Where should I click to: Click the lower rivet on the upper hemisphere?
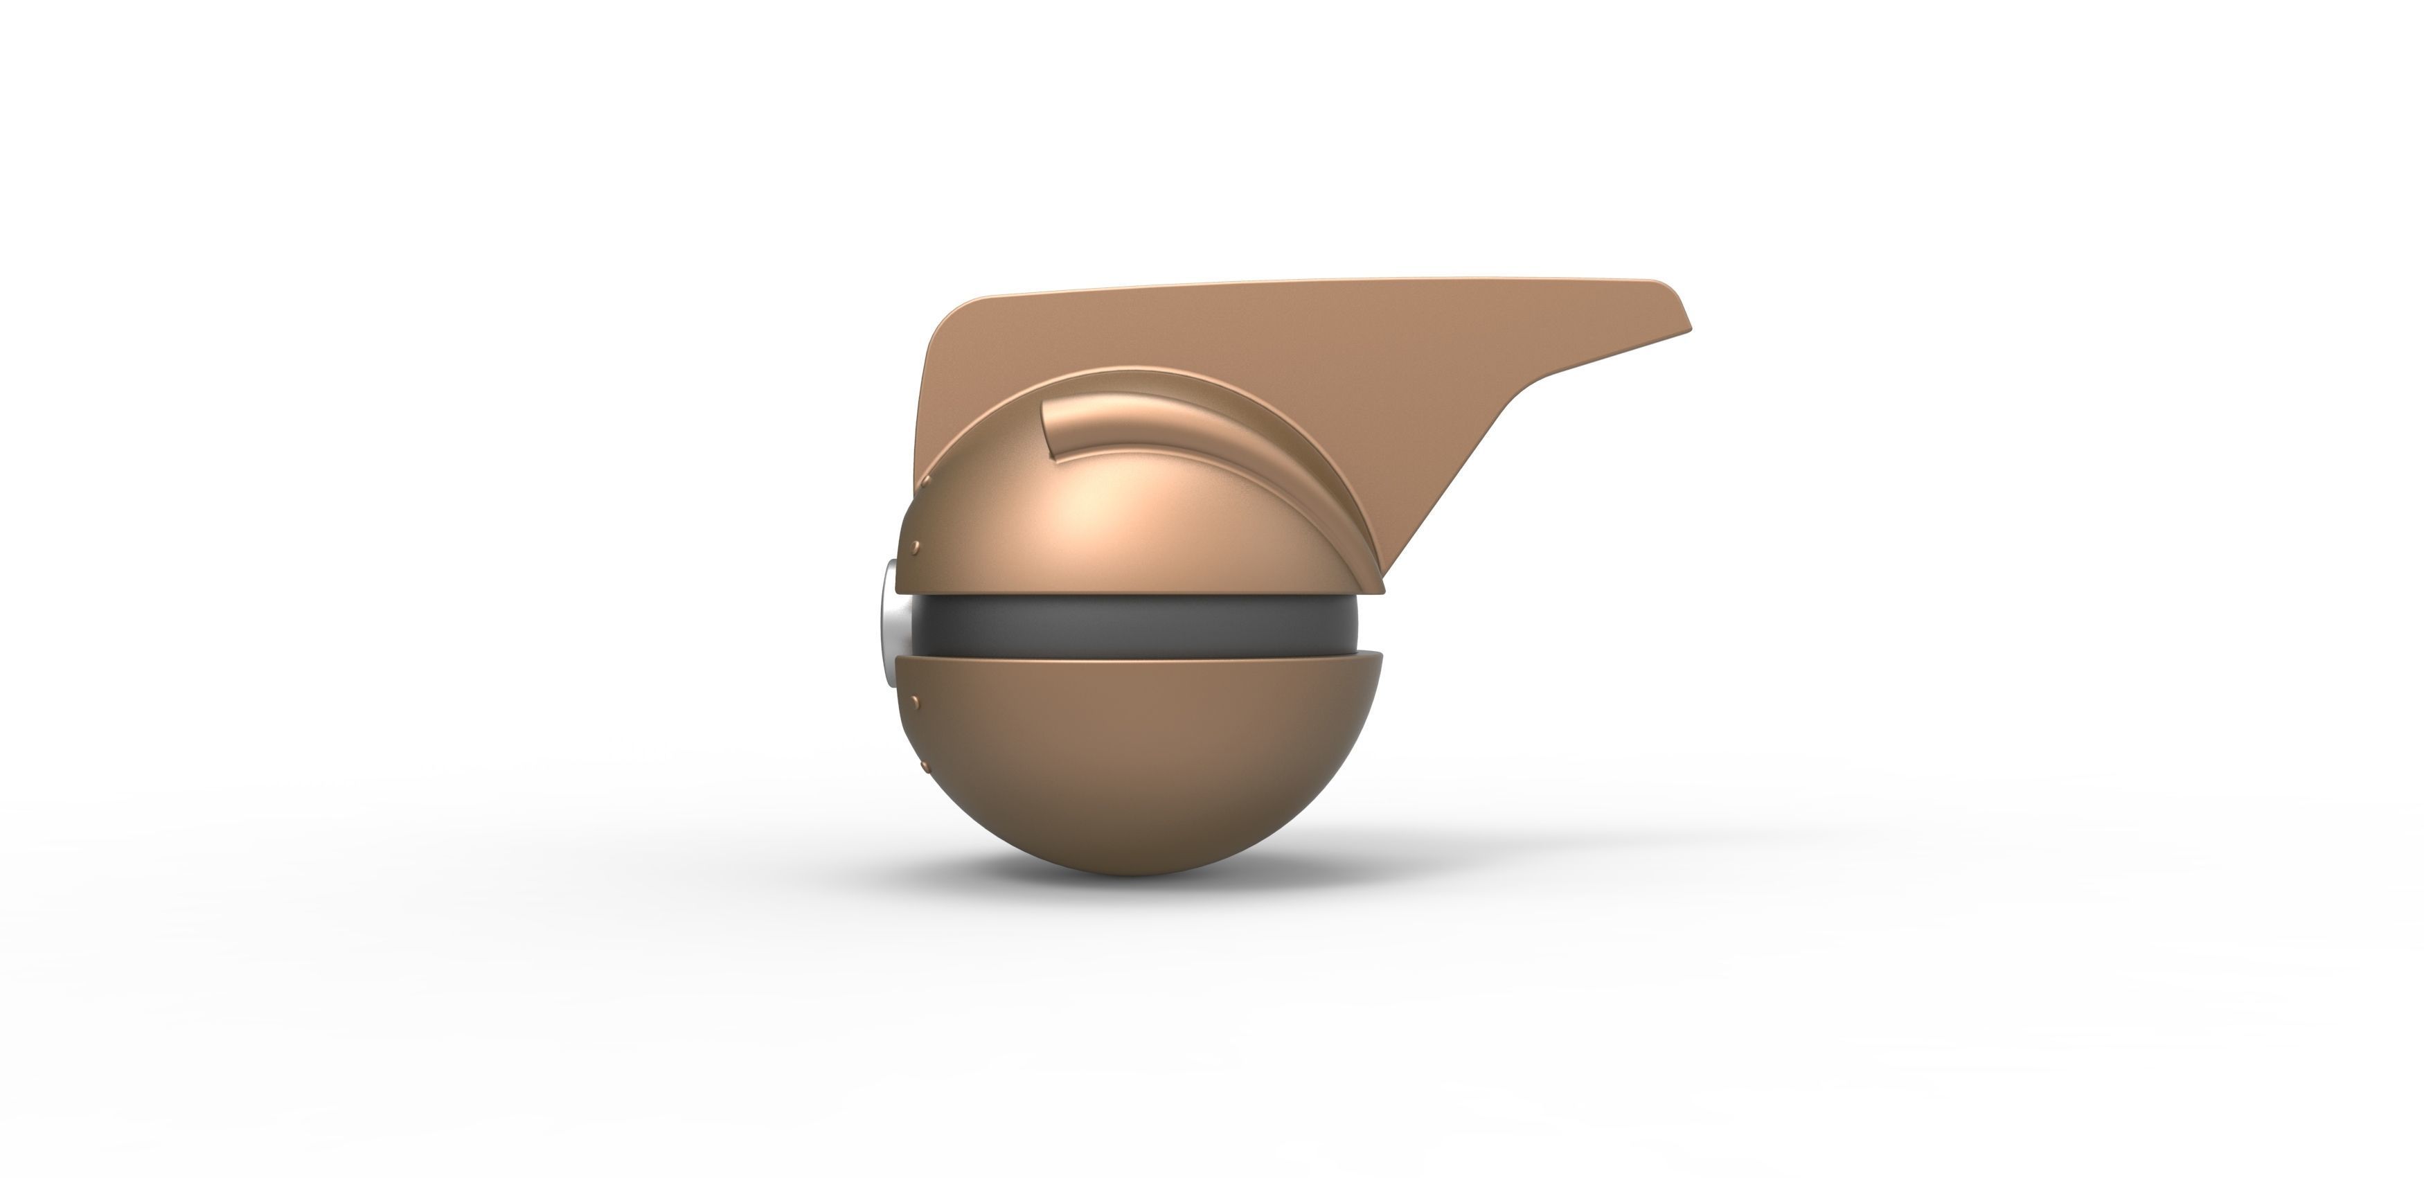click(x=915, y=545)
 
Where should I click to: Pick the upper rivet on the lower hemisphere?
click(x=916, y=697)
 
